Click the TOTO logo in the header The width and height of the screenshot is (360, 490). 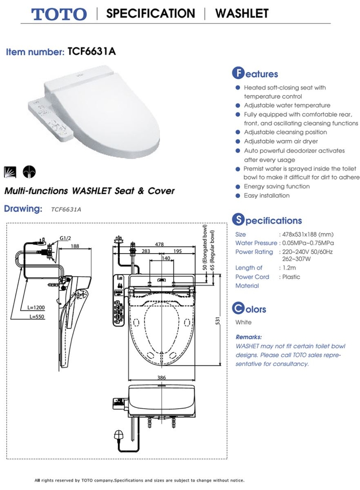point(60,14)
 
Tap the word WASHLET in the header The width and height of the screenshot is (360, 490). point(242,13)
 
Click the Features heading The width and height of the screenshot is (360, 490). point(255,74)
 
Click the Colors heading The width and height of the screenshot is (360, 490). point(249,309)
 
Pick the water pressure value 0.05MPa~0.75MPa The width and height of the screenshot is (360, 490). point(307,243)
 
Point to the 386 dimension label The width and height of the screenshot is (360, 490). point(162,378)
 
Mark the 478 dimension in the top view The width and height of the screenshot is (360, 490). point(159,244)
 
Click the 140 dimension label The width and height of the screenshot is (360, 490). point(165,258)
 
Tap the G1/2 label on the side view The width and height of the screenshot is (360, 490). point(66,238)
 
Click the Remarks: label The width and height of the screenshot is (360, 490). point(249,337)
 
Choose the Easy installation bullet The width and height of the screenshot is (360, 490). point(267,196)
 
